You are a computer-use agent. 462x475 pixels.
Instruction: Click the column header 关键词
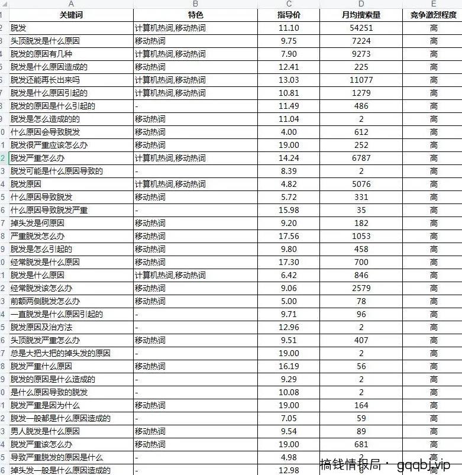71,15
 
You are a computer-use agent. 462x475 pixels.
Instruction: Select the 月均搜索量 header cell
361,15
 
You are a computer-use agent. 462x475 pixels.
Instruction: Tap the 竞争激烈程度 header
434,15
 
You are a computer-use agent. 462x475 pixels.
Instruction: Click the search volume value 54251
361,28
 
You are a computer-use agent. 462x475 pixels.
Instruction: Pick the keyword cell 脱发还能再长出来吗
45,80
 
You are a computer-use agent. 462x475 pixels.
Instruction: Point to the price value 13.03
289,80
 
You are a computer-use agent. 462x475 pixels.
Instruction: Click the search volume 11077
361,80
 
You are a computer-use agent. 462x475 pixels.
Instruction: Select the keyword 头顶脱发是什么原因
45,41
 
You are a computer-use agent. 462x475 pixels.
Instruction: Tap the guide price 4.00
289,132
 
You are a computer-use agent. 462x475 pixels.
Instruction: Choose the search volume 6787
361,158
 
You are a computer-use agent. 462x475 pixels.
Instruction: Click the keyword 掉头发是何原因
37,223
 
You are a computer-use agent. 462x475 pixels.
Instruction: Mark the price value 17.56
289,236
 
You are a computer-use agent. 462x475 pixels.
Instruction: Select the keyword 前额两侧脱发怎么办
45,301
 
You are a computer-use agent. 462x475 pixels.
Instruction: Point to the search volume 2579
361,288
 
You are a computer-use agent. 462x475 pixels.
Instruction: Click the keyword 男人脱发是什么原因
45,431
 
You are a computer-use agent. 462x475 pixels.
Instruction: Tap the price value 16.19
289,366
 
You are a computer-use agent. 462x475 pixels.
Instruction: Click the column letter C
289,4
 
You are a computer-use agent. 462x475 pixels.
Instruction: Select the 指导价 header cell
289,15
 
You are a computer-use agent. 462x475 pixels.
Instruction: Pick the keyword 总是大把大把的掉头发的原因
60,353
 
